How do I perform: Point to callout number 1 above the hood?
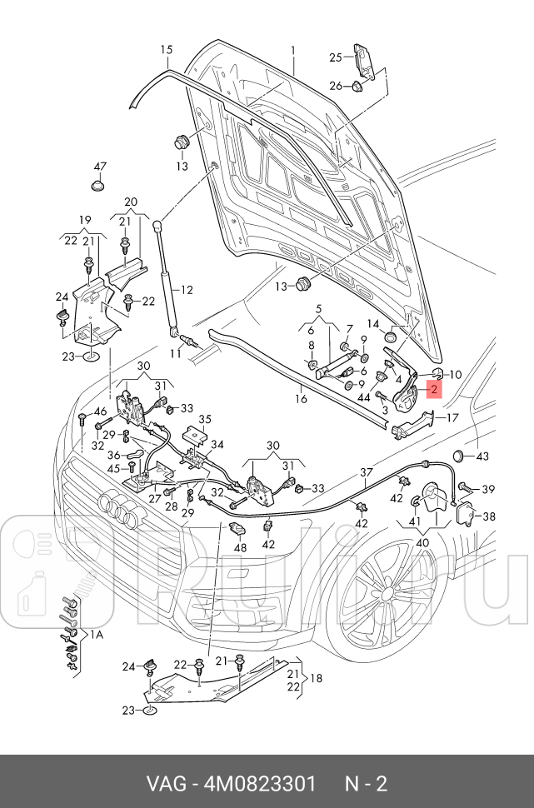point(293,51)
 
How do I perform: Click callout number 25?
point(336,57)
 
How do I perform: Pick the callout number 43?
point(482,456)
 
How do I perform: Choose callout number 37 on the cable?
point(366,473)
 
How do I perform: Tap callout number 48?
point(241,547)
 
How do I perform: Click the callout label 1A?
point(97,635)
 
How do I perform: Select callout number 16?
point(301,399)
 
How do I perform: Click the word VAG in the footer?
point(167,784)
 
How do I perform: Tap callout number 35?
point(205,420)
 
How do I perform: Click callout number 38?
point(489,516)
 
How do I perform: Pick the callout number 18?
point(317,679)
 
